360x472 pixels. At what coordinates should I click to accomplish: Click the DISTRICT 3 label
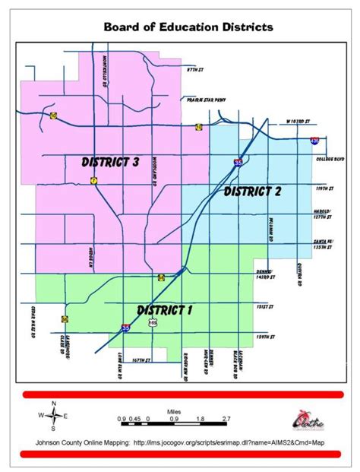point(109,161)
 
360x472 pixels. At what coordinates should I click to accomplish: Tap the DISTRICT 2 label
point(252,191)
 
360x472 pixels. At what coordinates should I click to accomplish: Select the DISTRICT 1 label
point(165,309)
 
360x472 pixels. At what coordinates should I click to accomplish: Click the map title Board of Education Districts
point(188,27)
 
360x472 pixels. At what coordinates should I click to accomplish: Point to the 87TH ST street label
point(197,69)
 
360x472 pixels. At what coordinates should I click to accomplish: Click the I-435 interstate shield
point(314,141)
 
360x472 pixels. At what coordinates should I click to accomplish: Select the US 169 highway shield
point(153,322)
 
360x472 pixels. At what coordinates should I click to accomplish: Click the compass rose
point(53,415)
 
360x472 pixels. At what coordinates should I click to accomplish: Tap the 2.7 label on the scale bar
point(226,419)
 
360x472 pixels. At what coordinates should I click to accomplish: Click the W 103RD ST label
point(296,122)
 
